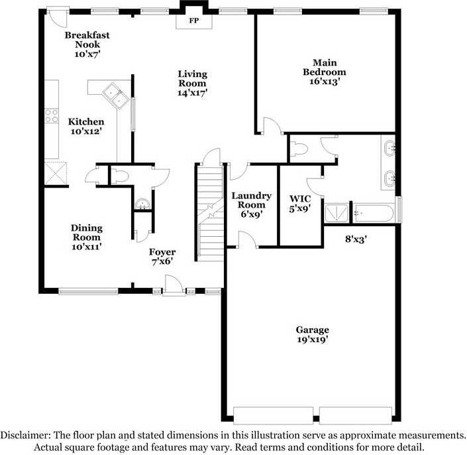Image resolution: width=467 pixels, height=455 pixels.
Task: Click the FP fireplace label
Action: (x=194, y=21)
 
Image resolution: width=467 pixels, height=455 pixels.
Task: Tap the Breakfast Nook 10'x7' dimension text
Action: (x=87, y=54)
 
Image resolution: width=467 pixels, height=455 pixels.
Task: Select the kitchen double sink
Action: (x=116, y=96)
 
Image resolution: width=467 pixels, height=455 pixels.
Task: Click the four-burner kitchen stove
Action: (x=52, y=115)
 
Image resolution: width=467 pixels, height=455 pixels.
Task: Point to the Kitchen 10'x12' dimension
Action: (x=86, y=131)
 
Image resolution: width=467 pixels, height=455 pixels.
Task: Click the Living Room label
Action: (x=192, y=78)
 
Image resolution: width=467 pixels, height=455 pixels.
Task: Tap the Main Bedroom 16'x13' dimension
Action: (x=325, y=82)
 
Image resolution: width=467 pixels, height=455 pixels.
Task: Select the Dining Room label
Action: (x=87, y=233)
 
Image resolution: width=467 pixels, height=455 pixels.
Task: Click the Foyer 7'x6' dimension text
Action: (x=162, y=261)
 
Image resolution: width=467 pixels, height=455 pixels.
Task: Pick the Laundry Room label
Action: (x=251, y=200)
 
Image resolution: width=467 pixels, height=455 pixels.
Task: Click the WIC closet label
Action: (x=300, y=199)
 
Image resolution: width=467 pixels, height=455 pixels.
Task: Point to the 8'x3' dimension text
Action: (x=356, y=239)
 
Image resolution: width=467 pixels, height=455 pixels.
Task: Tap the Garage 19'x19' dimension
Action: (x=313, y=340)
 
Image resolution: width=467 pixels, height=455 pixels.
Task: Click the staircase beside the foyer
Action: (x=211, y=214)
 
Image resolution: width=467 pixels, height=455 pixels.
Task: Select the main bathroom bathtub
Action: (x=374, y=213)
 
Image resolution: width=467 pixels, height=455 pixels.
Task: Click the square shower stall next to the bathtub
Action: (x=337, y=213)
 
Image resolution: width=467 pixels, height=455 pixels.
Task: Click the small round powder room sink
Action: (x=142, y=204)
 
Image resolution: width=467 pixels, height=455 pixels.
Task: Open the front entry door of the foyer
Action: (x=174, y=286)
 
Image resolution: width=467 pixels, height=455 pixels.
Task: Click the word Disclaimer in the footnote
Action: (x=25, y=435)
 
